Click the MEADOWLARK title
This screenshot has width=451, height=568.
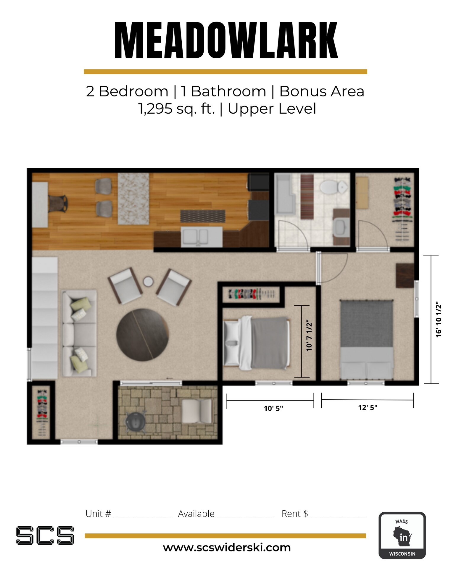click(226, 41)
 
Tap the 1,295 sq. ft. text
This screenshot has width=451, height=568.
click(176, 109)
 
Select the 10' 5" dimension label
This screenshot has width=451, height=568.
click(273, 409)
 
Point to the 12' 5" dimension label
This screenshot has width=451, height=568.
click(368, 408)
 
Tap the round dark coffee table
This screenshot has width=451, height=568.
click(142, 335)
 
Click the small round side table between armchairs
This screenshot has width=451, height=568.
click(148, 281)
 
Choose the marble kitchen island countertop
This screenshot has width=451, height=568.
click(133, 199)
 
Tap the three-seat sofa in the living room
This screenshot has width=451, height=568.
click(79, 333)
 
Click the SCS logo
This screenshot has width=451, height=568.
click(45, 535)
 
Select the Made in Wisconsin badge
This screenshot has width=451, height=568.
click(402, 535)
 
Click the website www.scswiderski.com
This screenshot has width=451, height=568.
click(227, 548)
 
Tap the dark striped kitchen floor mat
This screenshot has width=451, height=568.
click(203, 216)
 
